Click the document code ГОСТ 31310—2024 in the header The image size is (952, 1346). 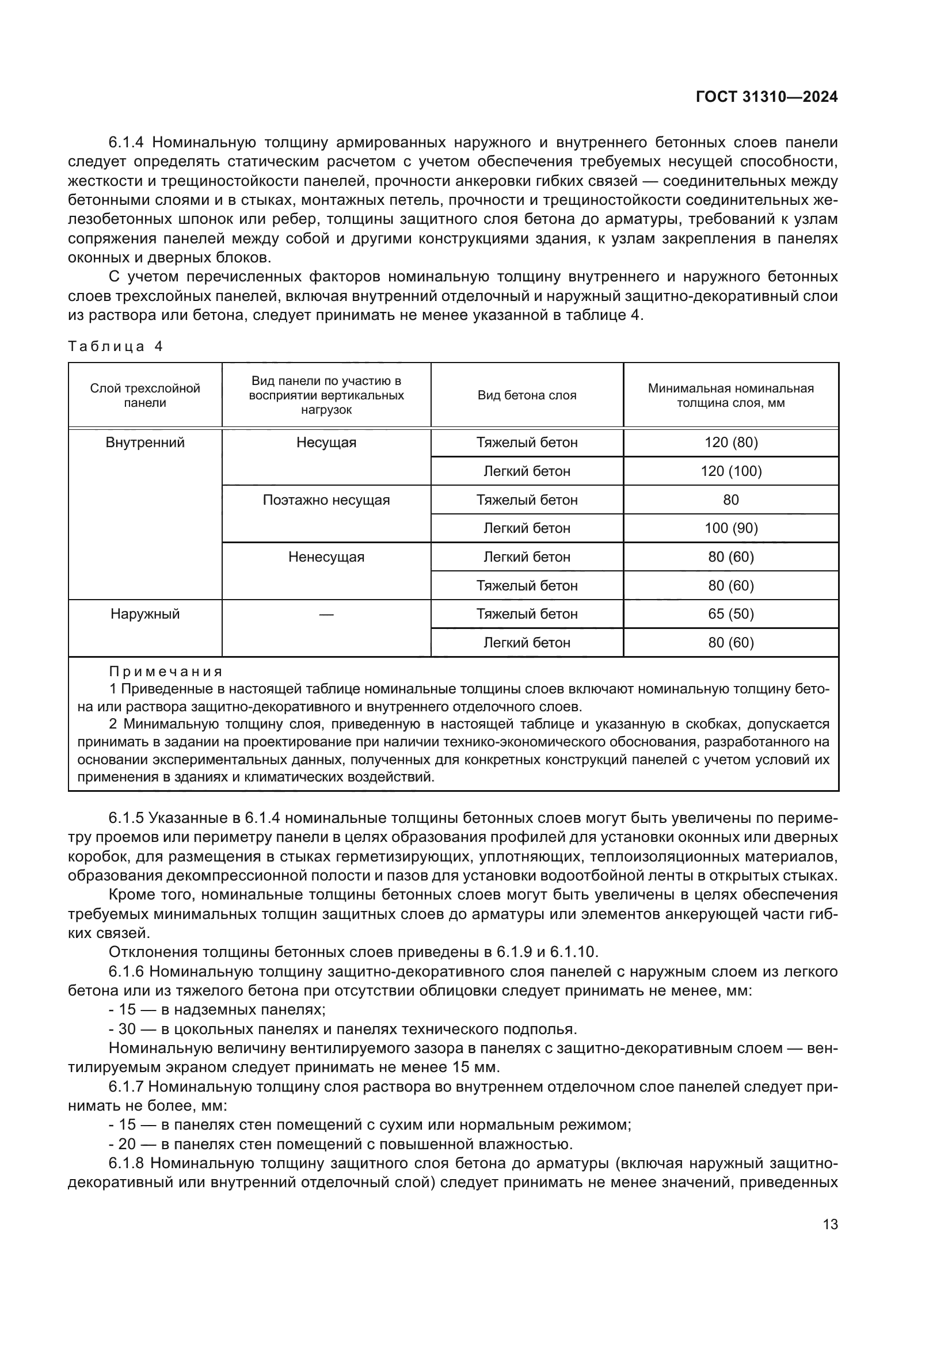(766, 97)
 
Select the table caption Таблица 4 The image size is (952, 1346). (115, 346)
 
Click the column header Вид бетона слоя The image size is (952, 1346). (527, 395)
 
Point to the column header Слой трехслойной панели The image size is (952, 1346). (145, 395)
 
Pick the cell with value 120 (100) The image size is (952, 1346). (730, 471)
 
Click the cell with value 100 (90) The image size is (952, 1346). (730, 528)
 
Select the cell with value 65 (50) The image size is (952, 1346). (730, 614)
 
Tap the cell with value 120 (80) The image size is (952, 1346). (730, 443)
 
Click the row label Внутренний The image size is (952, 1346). (145, 443)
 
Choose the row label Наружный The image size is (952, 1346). (145, 614)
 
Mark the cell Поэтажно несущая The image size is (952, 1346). (326, 500)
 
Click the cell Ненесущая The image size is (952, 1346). (326, 557)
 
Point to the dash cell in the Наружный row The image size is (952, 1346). (326, 615)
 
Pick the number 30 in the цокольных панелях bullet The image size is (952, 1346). (127, 1029)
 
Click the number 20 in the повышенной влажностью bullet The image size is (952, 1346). (127, 1144)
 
